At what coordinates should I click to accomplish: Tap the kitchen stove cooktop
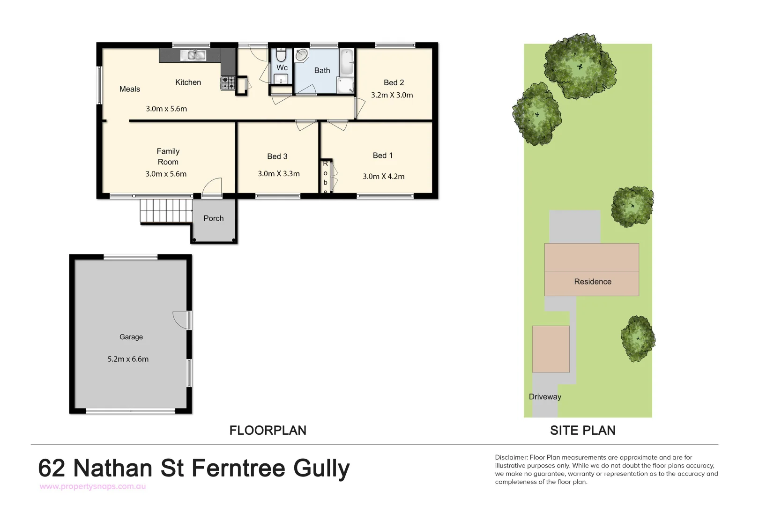[228, 83]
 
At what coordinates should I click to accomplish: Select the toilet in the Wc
[281, 55]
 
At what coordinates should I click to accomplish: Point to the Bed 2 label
[394, 82]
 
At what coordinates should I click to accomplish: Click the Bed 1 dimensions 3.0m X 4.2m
[383, 177]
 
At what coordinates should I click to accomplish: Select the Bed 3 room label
[277, 156]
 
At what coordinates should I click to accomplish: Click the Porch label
[214, 218]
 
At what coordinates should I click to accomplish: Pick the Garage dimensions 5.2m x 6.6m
[128, 359]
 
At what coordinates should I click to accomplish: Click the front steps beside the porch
[166, 211]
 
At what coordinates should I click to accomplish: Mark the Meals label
[130, 89]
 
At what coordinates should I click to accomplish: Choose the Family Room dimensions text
[166, 174]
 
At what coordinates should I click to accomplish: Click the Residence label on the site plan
[593, 282]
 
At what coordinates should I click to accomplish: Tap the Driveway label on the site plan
[545, 397]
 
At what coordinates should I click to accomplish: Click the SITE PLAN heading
[583, 431]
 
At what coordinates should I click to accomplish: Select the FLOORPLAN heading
[268, 431]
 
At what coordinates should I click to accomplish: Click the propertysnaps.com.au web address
[93, 486]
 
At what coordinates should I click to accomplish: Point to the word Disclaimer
[511, 457]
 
